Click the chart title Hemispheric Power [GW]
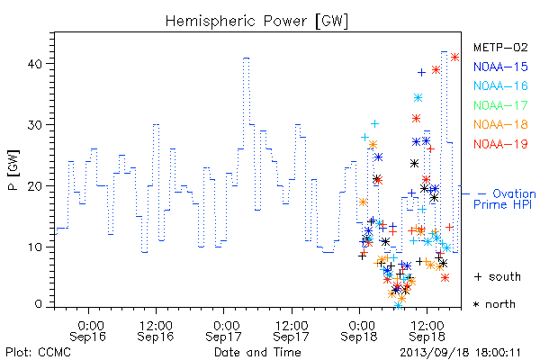point(256,22)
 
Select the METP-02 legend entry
point(500,47)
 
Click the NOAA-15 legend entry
point(500,67)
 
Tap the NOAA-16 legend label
point(500,85)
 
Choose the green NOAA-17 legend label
point(500,105)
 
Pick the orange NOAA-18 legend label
point(500,124)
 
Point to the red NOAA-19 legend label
point(500,144)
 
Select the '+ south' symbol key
point(498,276)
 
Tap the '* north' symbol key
point(494,304)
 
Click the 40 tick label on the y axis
point(35,64)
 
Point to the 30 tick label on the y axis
point(35,125)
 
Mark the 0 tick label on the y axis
point(39,304)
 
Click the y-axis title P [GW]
point(13,170)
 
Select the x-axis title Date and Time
point(257,353)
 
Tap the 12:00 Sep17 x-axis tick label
point(292,331)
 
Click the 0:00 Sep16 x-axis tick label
point(88,331)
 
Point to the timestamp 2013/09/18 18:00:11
point(460,353)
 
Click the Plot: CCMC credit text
point(38,353)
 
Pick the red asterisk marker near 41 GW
point(454,58)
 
